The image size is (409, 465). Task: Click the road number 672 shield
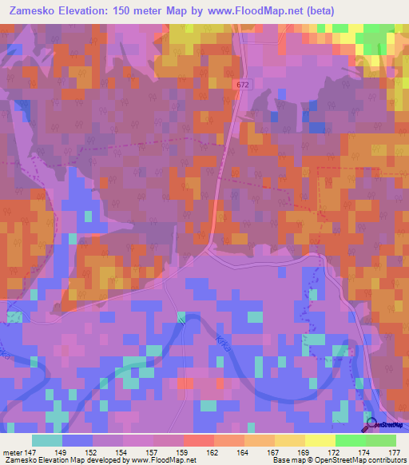point(243,84)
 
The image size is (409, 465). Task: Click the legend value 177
point(393,452)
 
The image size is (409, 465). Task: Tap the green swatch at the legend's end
point(380,440)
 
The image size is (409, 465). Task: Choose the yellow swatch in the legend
point(320,440)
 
